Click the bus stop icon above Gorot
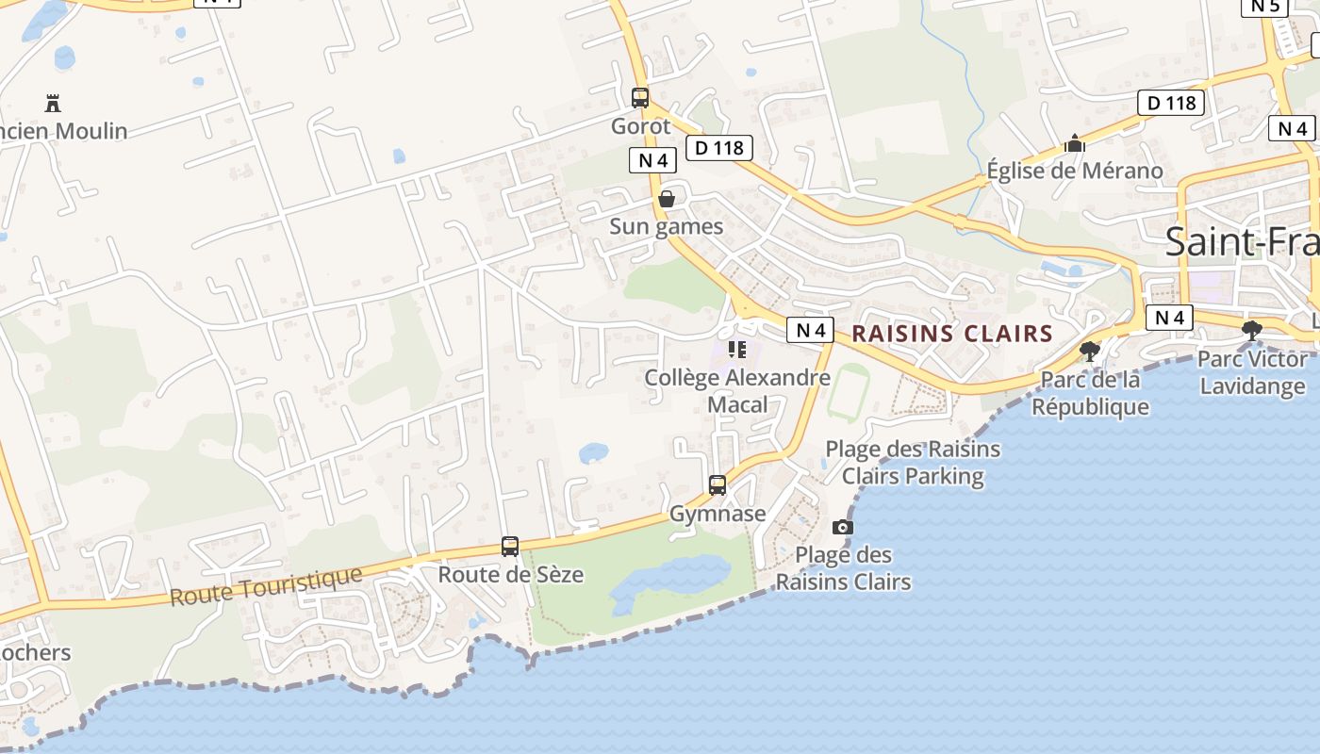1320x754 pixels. coord(640,97)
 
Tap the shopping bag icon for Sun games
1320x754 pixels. coord(667,199)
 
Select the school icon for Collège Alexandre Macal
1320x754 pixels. coord(737,350)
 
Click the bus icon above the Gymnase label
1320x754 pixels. coord(718,485)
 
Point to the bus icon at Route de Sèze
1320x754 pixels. coord(510,546)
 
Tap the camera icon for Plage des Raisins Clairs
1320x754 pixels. coord(843,527)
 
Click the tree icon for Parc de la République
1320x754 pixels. coord(1090,352)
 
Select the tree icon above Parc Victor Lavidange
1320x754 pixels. coord(1252,330)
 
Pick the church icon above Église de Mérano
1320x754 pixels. coord(1074,144)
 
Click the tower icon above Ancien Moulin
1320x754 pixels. coord(53,103)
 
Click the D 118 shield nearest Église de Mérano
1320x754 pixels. coord(1172,103)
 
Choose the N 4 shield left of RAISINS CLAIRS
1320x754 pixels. coord(811,330)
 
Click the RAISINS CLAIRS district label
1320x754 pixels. coord(952,333)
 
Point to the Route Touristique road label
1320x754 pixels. coord(266,585)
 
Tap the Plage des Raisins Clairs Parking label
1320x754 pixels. coord(913,462)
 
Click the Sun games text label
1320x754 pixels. coord(667,226)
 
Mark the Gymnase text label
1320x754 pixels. coord(718,514)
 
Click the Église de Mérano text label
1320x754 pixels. coord(1075,172)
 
